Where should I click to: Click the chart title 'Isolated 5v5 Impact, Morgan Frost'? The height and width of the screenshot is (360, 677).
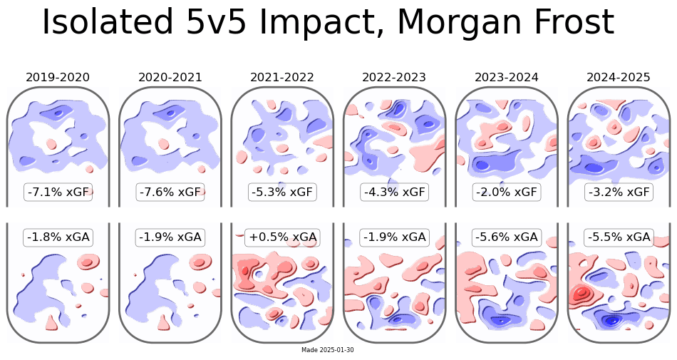point(328,23)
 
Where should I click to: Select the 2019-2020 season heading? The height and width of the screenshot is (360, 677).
point(58,77)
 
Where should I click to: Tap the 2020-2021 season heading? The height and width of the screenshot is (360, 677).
point(170,77)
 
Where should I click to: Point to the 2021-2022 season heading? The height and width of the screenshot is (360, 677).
point(282,77)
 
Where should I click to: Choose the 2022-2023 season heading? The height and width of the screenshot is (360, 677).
point(394,77)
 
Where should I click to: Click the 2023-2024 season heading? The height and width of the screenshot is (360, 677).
point(507,77)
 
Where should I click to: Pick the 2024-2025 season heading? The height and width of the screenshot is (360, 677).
point(619,77)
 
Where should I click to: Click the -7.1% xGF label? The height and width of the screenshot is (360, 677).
point(58,192)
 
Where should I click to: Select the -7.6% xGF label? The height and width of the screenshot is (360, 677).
point(170,192)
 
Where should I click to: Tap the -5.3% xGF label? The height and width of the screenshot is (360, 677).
point(282,192)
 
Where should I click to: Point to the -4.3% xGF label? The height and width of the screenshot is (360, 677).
point(394,192)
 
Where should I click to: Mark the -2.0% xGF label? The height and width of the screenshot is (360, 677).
point(507,192)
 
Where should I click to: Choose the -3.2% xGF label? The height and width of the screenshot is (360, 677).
point(619,192)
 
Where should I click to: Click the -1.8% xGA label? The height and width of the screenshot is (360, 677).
point(58,237)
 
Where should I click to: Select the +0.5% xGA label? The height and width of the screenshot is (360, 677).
point(282,237)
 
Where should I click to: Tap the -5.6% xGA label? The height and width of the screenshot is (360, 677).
point(507,237)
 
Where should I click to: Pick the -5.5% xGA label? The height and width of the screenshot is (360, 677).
point(619,237)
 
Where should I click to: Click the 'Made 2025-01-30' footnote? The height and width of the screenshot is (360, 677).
point(328,350)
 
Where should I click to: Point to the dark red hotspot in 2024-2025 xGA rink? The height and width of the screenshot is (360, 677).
point(582,293)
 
